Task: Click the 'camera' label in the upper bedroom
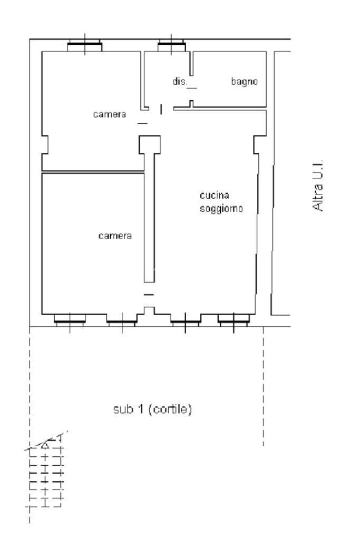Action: click(x=109, y=114)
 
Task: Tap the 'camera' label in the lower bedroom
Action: click(x=115, y=236)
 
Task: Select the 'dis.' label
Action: click(x=180, y=82)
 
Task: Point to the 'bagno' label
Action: click(x=244, y=82)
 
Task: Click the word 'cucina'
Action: click(x=214, y=195)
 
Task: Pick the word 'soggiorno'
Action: click(x=221, y=208)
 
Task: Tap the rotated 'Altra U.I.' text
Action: click(x=318, y=185)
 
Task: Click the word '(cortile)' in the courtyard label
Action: click(x=171, y=409)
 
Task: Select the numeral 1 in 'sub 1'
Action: click(x=140, y=409)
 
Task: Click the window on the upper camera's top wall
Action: click(x=84, y=45)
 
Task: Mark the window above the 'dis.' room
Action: click(x=172, y=45)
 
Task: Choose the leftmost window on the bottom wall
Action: click(x=70, y=320)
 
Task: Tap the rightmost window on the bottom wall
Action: click(x=233, y=320)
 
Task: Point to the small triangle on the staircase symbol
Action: click(x=45, y=446)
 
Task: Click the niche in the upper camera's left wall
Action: click(x=45, y=144)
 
